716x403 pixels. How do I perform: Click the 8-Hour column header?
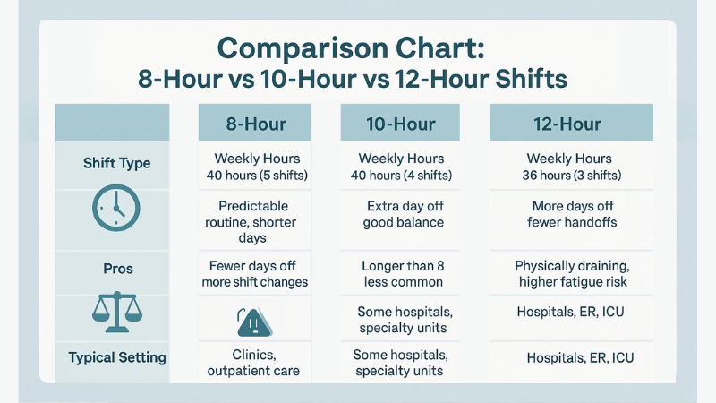point(254,124)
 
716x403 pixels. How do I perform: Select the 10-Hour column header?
point(402,124)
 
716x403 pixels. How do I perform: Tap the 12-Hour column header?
point(569,124)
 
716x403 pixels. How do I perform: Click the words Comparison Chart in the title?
point(353,47)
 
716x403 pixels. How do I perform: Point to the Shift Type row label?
point(116,164)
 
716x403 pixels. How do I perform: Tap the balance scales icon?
point(115,312)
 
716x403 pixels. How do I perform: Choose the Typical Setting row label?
point(116,357)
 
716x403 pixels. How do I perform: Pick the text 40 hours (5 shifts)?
point(255,175)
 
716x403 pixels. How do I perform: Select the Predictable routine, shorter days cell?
point(255,221)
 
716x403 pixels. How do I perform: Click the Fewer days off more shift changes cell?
point(255,274)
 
